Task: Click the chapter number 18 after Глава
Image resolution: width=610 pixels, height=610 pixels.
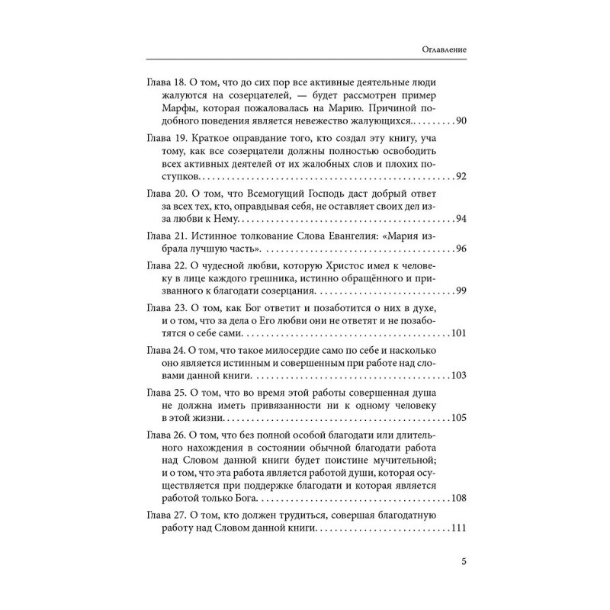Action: pyautogui.click(x=181, y=81)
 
